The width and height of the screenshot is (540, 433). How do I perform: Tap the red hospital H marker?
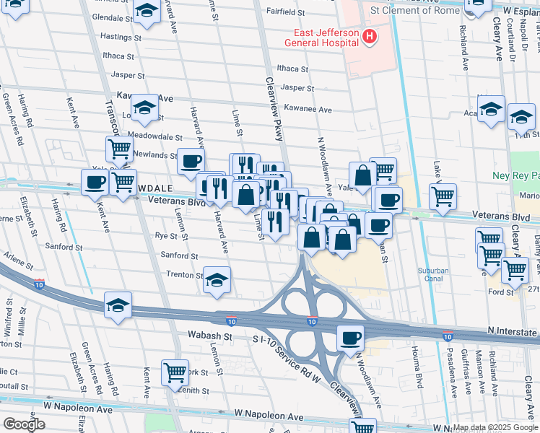(370, 36)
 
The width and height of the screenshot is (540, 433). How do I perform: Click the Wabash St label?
(209, 336)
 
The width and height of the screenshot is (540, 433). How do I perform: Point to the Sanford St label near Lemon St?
(178, 255)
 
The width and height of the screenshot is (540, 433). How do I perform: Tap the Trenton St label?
(184, 275)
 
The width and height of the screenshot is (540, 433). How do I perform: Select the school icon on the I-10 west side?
(118, 304)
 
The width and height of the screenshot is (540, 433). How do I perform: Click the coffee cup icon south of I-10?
(351, 337)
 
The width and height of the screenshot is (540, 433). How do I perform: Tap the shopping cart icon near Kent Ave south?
(175, 372)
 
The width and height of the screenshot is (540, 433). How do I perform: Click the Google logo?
(24, 424)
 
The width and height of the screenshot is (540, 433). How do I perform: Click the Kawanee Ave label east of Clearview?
(308, 110)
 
